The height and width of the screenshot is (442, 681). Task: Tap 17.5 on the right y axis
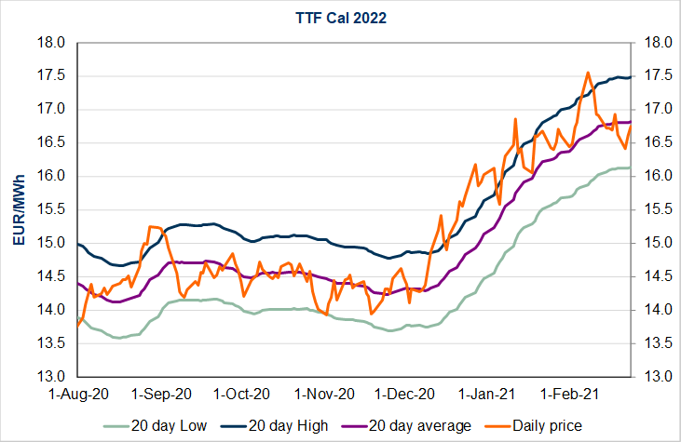[651, 76]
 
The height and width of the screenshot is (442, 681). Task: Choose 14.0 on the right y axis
[651, 310]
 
